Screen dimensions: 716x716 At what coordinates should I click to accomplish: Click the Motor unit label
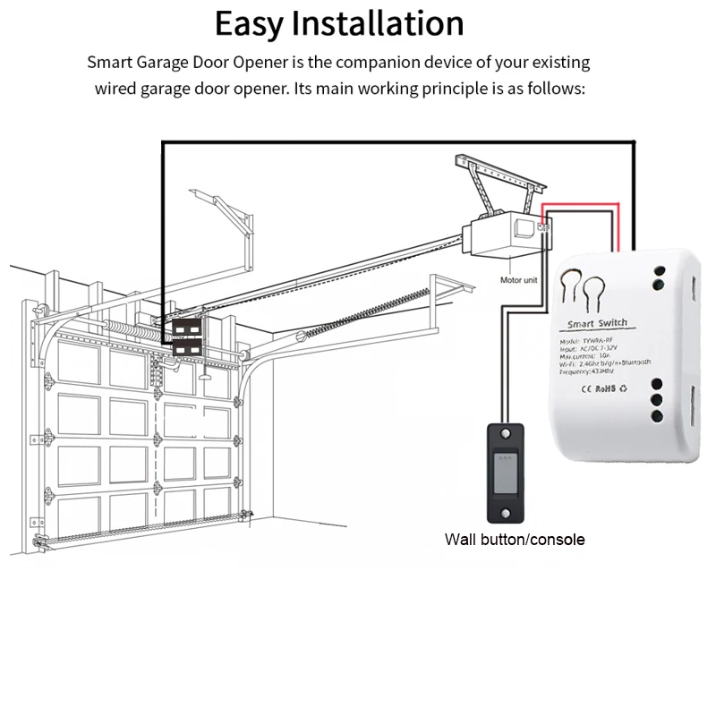coord(519,280)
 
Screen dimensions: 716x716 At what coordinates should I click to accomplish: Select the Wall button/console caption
coord(515,540)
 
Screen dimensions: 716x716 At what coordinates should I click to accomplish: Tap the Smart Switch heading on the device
coord(598,323)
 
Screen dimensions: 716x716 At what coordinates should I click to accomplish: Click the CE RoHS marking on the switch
coord(601,388)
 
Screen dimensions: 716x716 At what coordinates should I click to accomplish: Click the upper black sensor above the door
coord(186,328)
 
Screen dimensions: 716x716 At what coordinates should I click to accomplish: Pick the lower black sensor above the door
coord(187,346)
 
